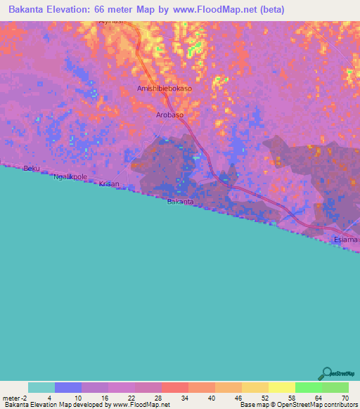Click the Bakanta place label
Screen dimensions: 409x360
[180, 202]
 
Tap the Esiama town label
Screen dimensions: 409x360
[345, 240]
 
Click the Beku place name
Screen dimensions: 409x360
[31, 169]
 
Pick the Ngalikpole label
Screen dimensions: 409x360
[70, 177]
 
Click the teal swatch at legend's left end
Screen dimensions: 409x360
[41, 387]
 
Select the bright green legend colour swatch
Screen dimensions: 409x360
[308, 387]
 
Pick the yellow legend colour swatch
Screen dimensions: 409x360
[281, 387]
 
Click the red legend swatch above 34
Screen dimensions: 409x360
[174, 387]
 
